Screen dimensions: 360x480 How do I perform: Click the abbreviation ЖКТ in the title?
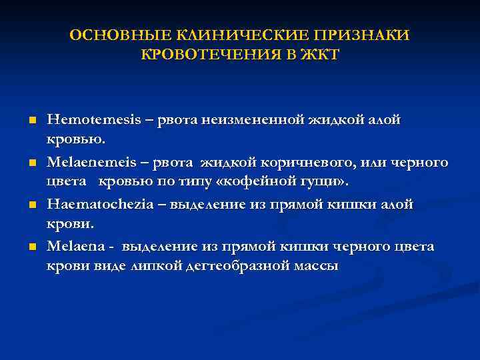coord(318,55)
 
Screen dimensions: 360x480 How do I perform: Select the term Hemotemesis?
coord(90,120)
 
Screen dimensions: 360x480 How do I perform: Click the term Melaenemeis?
coord(90,163)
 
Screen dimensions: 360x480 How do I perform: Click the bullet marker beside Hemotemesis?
coord(31,121)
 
